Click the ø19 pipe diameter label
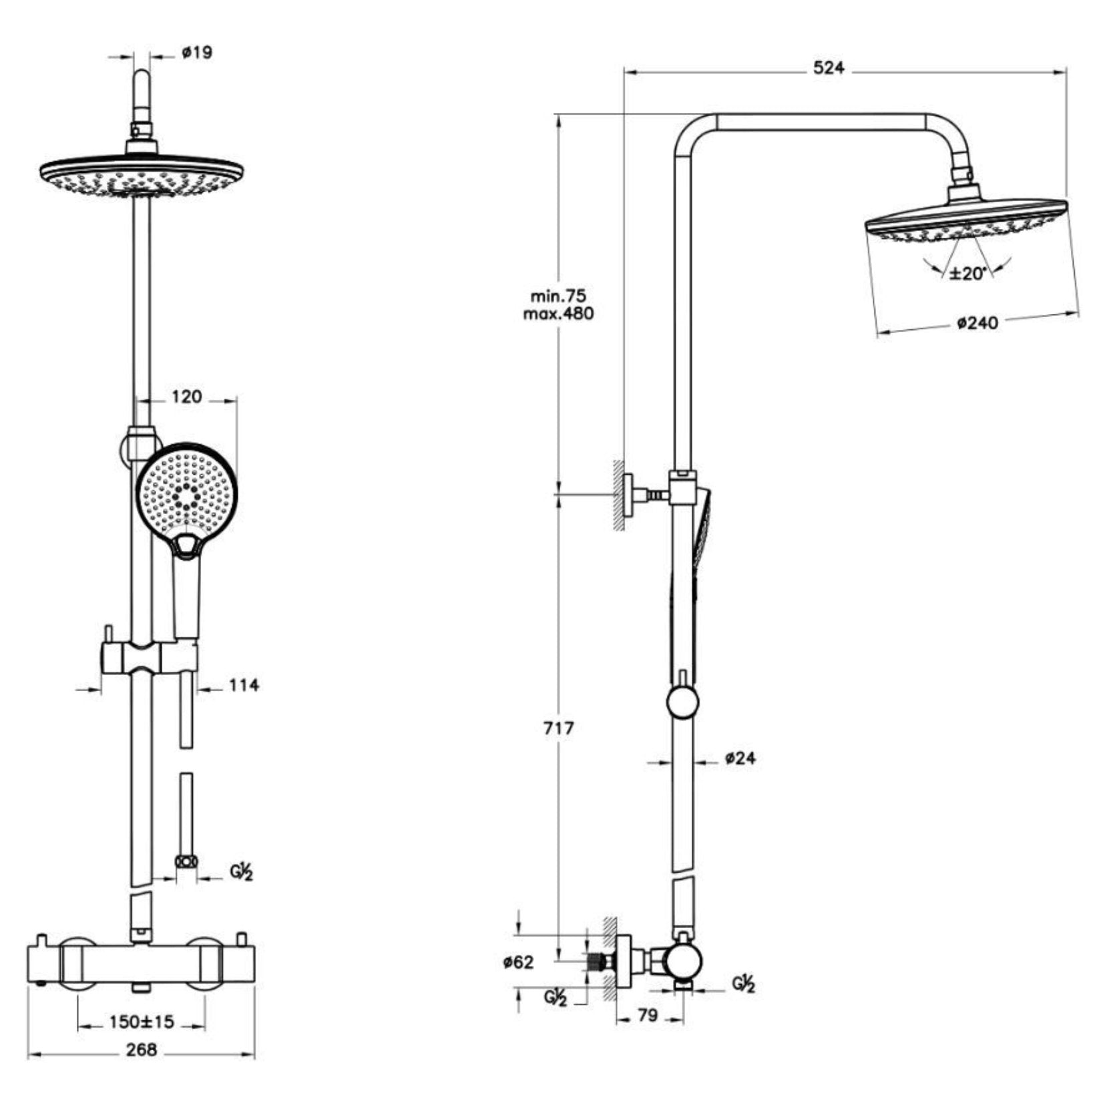197,52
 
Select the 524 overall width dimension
828,68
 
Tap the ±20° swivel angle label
968,273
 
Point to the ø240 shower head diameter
977,323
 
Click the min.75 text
558,296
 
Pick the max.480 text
558,313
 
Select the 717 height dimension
558,728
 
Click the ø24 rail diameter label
740,758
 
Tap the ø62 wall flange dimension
519,962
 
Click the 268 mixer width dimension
142,1050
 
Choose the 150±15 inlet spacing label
142,1022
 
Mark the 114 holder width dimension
243,685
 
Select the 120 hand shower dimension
186,397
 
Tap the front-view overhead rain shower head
142,176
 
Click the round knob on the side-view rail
682,704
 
